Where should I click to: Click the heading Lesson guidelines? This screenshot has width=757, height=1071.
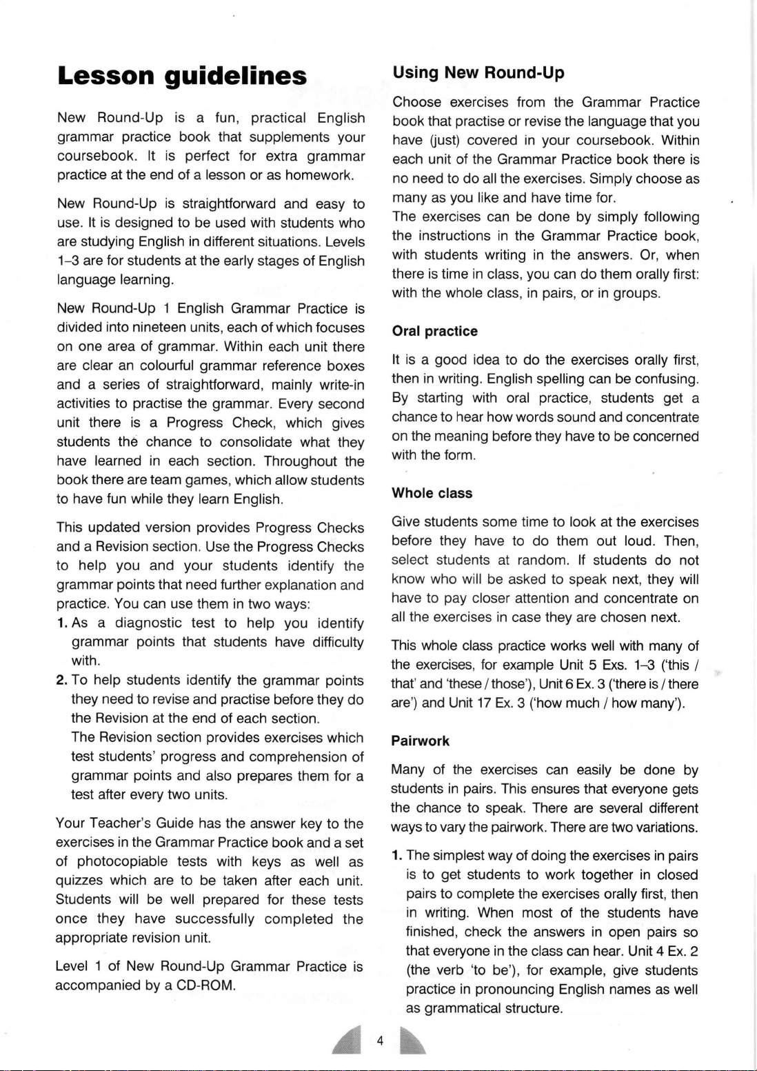click(x=182, y=76)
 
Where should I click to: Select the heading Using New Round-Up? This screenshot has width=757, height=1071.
click(x=478, y=73)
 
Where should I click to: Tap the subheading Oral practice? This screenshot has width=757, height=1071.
click(x=434, y=331)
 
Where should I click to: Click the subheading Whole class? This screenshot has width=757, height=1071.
click(x=432, y=493)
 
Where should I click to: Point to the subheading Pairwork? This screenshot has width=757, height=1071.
click(x=420, y=741)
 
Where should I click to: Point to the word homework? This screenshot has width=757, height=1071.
click(x=319, y=175)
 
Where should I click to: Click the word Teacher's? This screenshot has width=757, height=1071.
click(x=119, y=823)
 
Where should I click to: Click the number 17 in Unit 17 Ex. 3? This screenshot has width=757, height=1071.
click(x=483, y=704)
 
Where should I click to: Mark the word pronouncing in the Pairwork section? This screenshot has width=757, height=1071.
click(x=515, y=990)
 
